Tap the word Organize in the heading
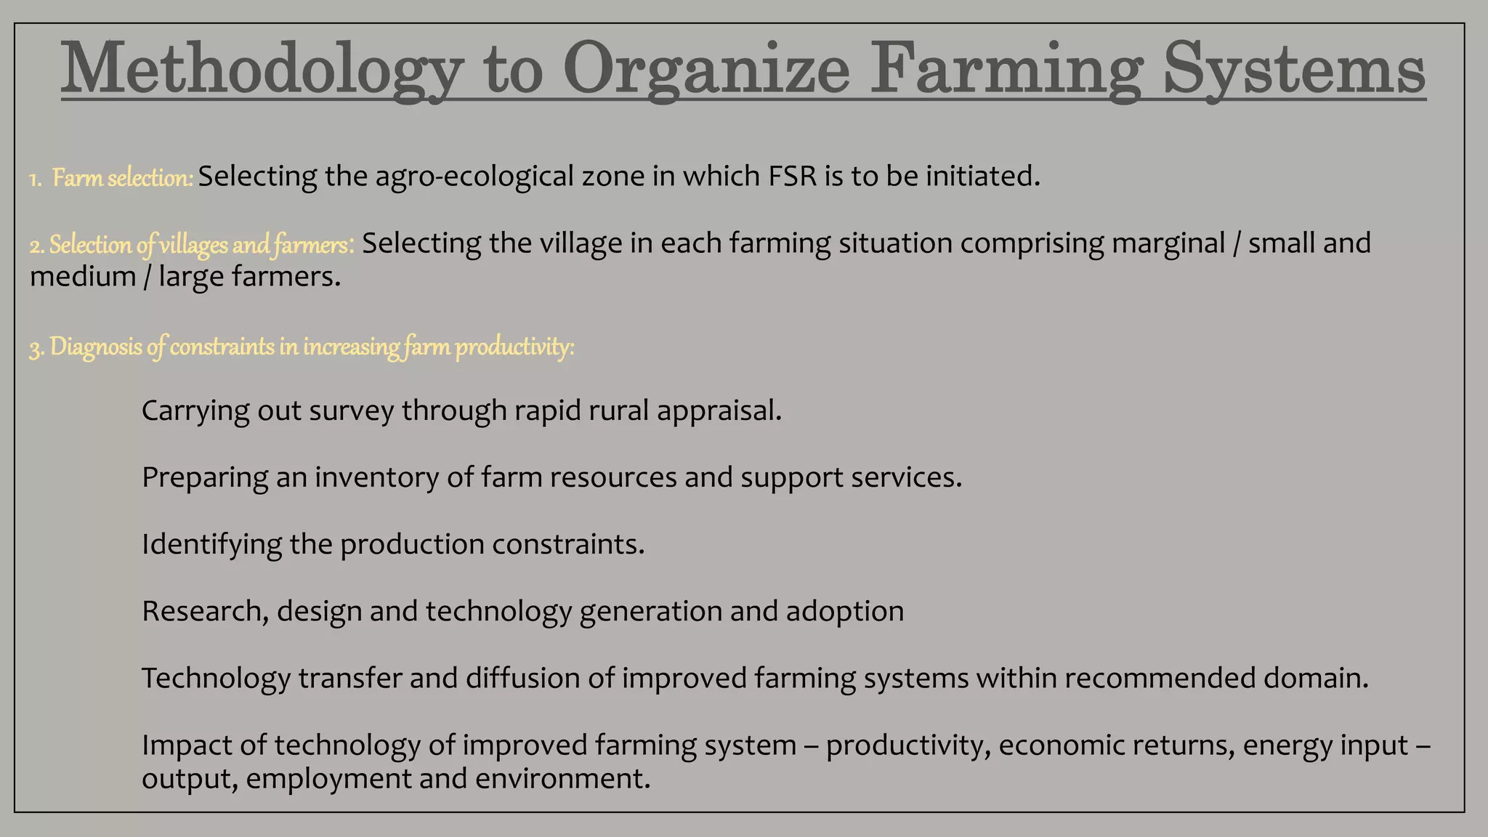[x=705, y=70]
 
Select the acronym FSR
[x=793, y=177]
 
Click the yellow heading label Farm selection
[x=122, y=178]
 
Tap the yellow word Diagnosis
[x=96, y=347]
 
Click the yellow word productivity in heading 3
[x=514, y=347]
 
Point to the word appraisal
[x=719, y=411]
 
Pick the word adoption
[x=845, y=612]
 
